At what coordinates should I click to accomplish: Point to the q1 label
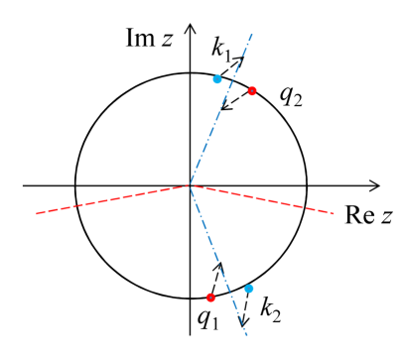pos(207,320)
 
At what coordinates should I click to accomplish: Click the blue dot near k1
pos(217,78)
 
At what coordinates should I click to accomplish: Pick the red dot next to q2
pos(252,91)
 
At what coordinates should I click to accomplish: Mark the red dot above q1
pos(210,298)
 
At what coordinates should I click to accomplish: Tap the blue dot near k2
pos(249,289)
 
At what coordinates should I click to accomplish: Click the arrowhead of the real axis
pos(376,185)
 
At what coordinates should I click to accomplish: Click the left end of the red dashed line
pos(36,212)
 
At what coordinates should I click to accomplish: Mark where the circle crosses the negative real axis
pos(75,185)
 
